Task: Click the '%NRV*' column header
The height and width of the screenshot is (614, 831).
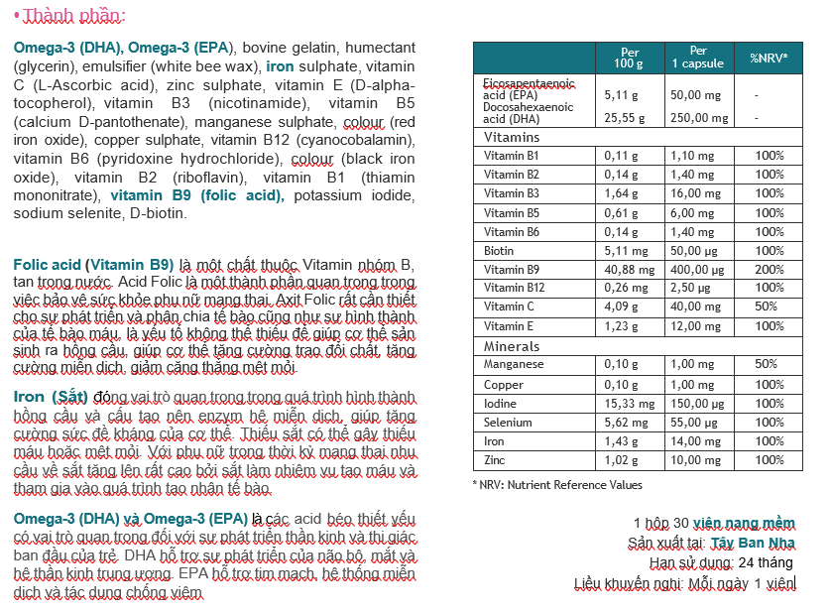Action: pos(769,58)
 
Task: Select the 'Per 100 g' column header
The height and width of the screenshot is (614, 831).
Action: pos(629,58)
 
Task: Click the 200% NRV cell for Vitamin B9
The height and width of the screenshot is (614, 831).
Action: pos(769,270)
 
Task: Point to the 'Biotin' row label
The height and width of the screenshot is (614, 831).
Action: pos(499,251)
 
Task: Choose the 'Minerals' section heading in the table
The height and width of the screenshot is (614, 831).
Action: pos(512,346)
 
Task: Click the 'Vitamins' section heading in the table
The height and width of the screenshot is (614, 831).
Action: pos(512,137)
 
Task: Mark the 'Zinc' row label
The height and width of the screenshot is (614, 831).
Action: pos(496,460)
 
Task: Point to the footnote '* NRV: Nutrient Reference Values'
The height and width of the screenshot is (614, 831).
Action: pos(557,485)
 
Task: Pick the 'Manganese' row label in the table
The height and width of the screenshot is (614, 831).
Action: pos(514,365)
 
